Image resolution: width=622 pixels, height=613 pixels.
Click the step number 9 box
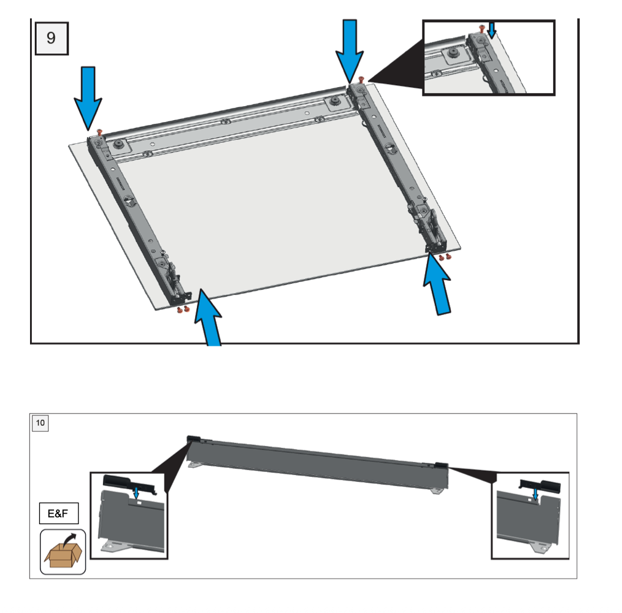pos(51,38)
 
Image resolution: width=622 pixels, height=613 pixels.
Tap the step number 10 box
pos(40,423)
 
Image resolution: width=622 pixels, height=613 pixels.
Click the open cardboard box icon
pos(63,552)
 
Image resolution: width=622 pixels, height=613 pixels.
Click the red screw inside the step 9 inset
pos(482,28)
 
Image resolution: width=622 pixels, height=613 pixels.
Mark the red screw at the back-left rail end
pos(99,132)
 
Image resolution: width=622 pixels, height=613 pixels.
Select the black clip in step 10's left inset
pos(131,482)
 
